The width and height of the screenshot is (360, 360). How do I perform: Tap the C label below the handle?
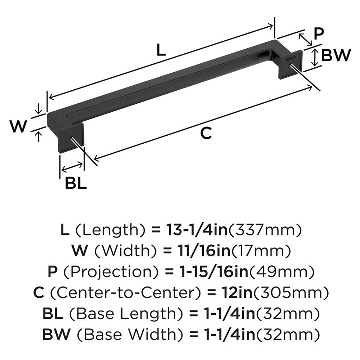pos(205,134)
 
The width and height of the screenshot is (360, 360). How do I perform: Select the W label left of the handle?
pos(18,126)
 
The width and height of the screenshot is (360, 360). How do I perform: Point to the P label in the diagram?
pos(318,34)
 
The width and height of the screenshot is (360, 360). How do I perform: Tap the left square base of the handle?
pos(71,139)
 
